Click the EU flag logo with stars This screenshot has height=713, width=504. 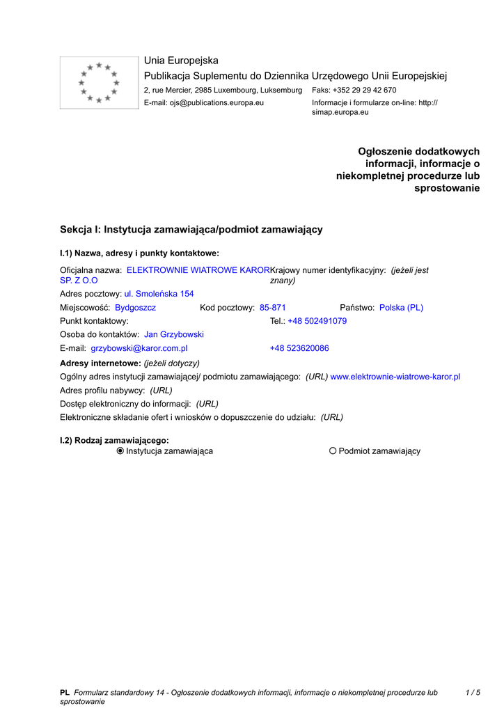[99, 83]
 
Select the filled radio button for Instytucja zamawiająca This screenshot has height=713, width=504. [120, 451]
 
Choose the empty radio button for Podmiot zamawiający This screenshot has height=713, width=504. [333, 451]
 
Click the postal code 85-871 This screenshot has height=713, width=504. [273, 308]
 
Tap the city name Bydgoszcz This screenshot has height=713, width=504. [135, 308]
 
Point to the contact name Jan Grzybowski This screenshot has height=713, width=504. [174, 335]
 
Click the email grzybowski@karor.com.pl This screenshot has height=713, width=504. [139, 348]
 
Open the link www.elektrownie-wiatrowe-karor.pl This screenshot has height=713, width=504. [395, 377]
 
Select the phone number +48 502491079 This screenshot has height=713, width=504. [317, 321]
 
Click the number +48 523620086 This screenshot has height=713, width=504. [299, 348]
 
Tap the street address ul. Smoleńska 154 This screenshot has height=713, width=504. [159, 294]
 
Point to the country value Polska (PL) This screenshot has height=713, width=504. [401, 308]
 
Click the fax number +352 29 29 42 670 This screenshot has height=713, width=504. [365, 91]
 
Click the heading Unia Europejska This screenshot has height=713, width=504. [181, 61]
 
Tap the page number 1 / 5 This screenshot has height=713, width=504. [473, 693]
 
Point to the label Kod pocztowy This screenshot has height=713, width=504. [227, 308]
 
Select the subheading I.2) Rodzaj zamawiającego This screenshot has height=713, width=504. [115, 440]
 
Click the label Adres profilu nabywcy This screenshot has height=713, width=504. [102, 391]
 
